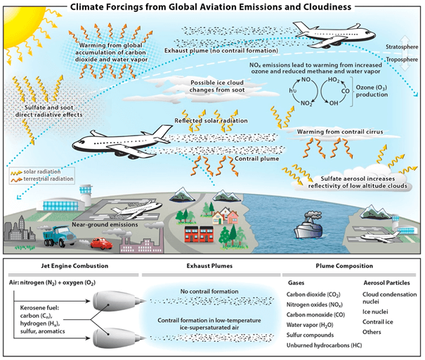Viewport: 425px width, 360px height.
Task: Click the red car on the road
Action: click(x=101, y=243)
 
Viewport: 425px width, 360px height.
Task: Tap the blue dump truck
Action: click(x=60, y=236)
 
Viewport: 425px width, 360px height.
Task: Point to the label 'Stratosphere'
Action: click(x=402, y=47)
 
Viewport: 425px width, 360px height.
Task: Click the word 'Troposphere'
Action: click(x=402, y=59)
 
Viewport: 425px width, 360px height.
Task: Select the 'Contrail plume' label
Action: click(x=257, y=159)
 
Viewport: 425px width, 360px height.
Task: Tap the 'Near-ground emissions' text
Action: click(x=105, y=224)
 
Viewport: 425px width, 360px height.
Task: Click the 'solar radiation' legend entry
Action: click(x=42, y=172)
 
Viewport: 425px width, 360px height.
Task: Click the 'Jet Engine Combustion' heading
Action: click(x=74, y=266)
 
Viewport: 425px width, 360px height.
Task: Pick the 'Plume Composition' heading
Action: click(x=344, y=266)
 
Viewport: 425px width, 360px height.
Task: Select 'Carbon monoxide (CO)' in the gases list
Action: click(x=316, y=315)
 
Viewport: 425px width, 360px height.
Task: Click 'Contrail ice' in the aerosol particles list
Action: click(x=378, y=322)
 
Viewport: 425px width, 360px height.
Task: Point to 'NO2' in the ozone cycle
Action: click(x=306, y=103)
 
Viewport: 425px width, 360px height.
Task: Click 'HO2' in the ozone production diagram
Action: click(x=334, y=79)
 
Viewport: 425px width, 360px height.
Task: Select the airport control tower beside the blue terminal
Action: click(x=86, y=196)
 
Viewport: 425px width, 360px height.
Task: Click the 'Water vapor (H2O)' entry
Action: click(x=310, y=325)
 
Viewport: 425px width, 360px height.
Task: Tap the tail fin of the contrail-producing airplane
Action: click(x=163, y=132)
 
